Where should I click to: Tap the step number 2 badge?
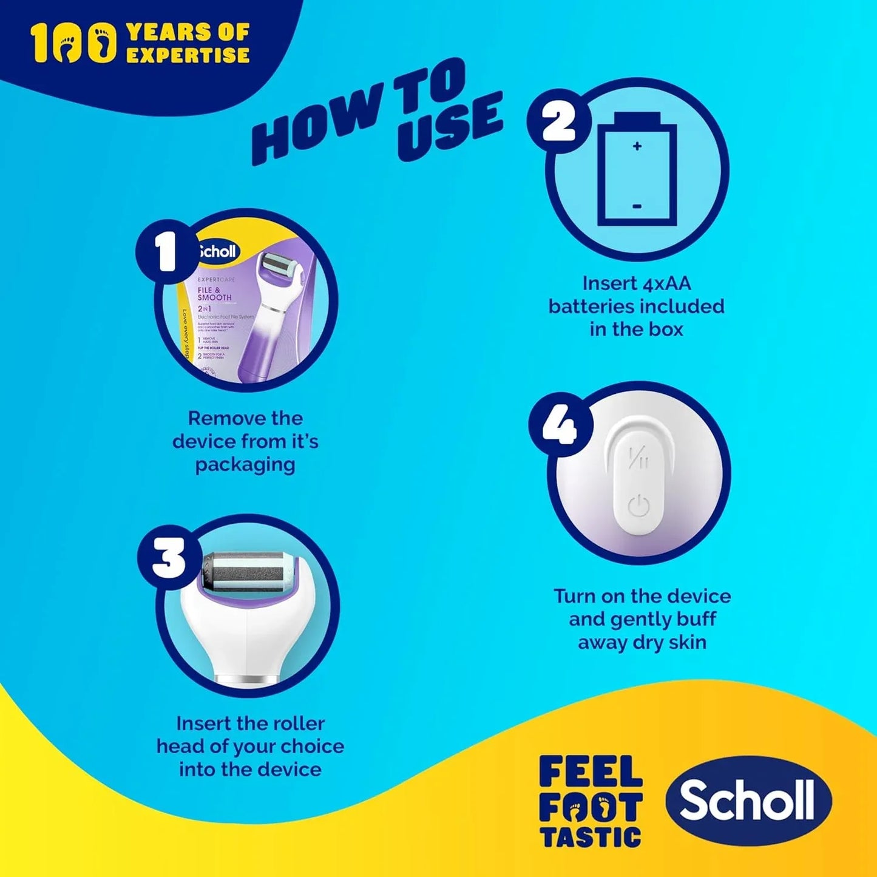558,123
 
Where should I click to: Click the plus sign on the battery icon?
637,146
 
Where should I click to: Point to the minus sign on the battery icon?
637,206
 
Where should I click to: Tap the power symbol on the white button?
638,506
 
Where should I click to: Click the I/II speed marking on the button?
638,458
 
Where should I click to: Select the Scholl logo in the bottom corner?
748,800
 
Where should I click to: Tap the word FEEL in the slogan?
590,772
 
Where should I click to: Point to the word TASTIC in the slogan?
590,838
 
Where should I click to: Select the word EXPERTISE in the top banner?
188,55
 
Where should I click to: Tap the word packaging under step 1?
245,465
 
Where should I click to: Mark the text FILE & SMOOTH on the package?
214,294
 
